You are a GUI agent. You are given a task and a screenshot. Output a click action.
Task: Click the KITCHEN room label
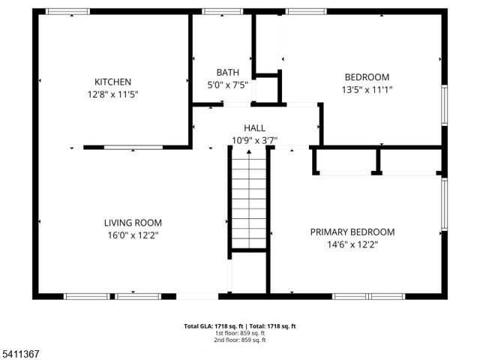112,82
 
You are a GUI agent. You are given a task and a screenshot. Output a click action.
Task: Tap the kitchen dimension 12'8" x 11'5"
112,94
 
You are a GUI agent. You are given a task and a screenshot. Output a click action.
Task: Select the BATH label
228,73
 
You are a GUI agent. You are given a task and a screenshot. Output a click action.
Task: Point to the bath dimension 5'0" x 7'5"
228,85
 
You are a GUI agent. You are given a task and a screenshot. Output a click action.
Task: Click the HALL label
254,128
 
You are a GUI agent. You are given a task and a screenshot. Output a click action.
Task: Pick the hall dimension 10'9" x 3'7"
254,140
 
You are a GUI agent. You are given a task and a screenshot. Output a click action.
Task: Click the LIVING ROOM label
132,223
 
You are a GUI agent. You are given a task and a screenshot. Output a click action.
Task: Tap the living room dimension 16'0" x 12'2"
132,235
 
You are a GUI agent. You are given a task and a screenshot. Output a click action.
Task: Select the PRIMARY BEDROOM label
352,232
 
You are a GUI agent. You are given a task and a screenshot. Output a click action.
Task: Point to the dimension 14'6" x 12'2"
352,244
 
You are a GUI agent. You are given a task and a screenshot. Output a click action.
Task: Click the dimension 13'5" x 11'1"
367,89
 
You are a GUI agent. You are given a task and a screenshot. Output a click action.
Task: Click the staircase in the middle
249,199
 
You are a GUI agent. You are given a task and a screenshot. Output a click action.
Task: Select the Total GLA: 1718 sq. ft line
240,326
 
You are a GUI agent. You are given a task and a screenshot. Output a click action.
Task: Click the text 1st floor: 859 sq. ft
240,333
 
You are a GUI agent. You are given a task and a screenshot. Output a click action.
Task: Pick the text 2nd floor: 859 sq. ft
240,340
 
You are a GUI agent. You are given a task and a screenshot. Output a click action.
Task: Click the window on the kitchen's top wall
67,12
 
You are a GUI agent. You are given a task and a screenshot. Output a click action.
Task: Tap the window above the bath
217,12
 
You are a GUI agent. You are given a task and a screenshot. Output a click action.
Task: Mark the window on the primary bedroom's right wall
444,204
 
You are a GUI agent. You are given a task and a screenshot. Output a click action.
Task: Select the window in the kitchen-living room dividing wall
133,148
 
